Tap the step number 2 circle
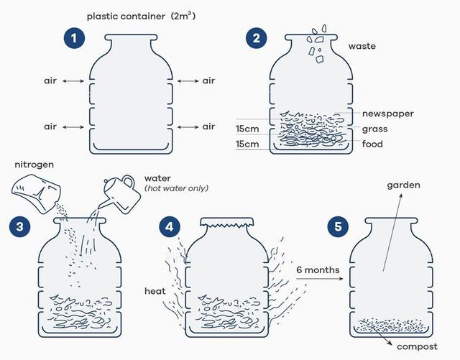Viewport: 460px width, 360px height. (x=257, y=38)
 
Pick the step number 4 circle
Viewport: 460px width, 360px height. (x=169, y=226)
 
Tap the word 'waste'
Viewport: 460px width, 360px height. (x=362, y=46)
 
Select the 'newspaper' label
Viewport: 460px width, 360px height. (x=388, y=114)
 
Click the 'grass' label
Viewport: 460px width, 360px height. (x=374, y=129)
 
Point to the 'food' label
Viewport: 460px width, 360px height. (x=372, y=144)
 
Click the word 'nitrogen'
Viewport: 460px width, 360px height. (x=34, y=165)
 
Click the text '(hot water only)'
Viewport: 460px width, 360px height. (x=176, y=188)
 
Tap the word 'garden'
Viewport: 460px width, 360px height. (x=403, y=185)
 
